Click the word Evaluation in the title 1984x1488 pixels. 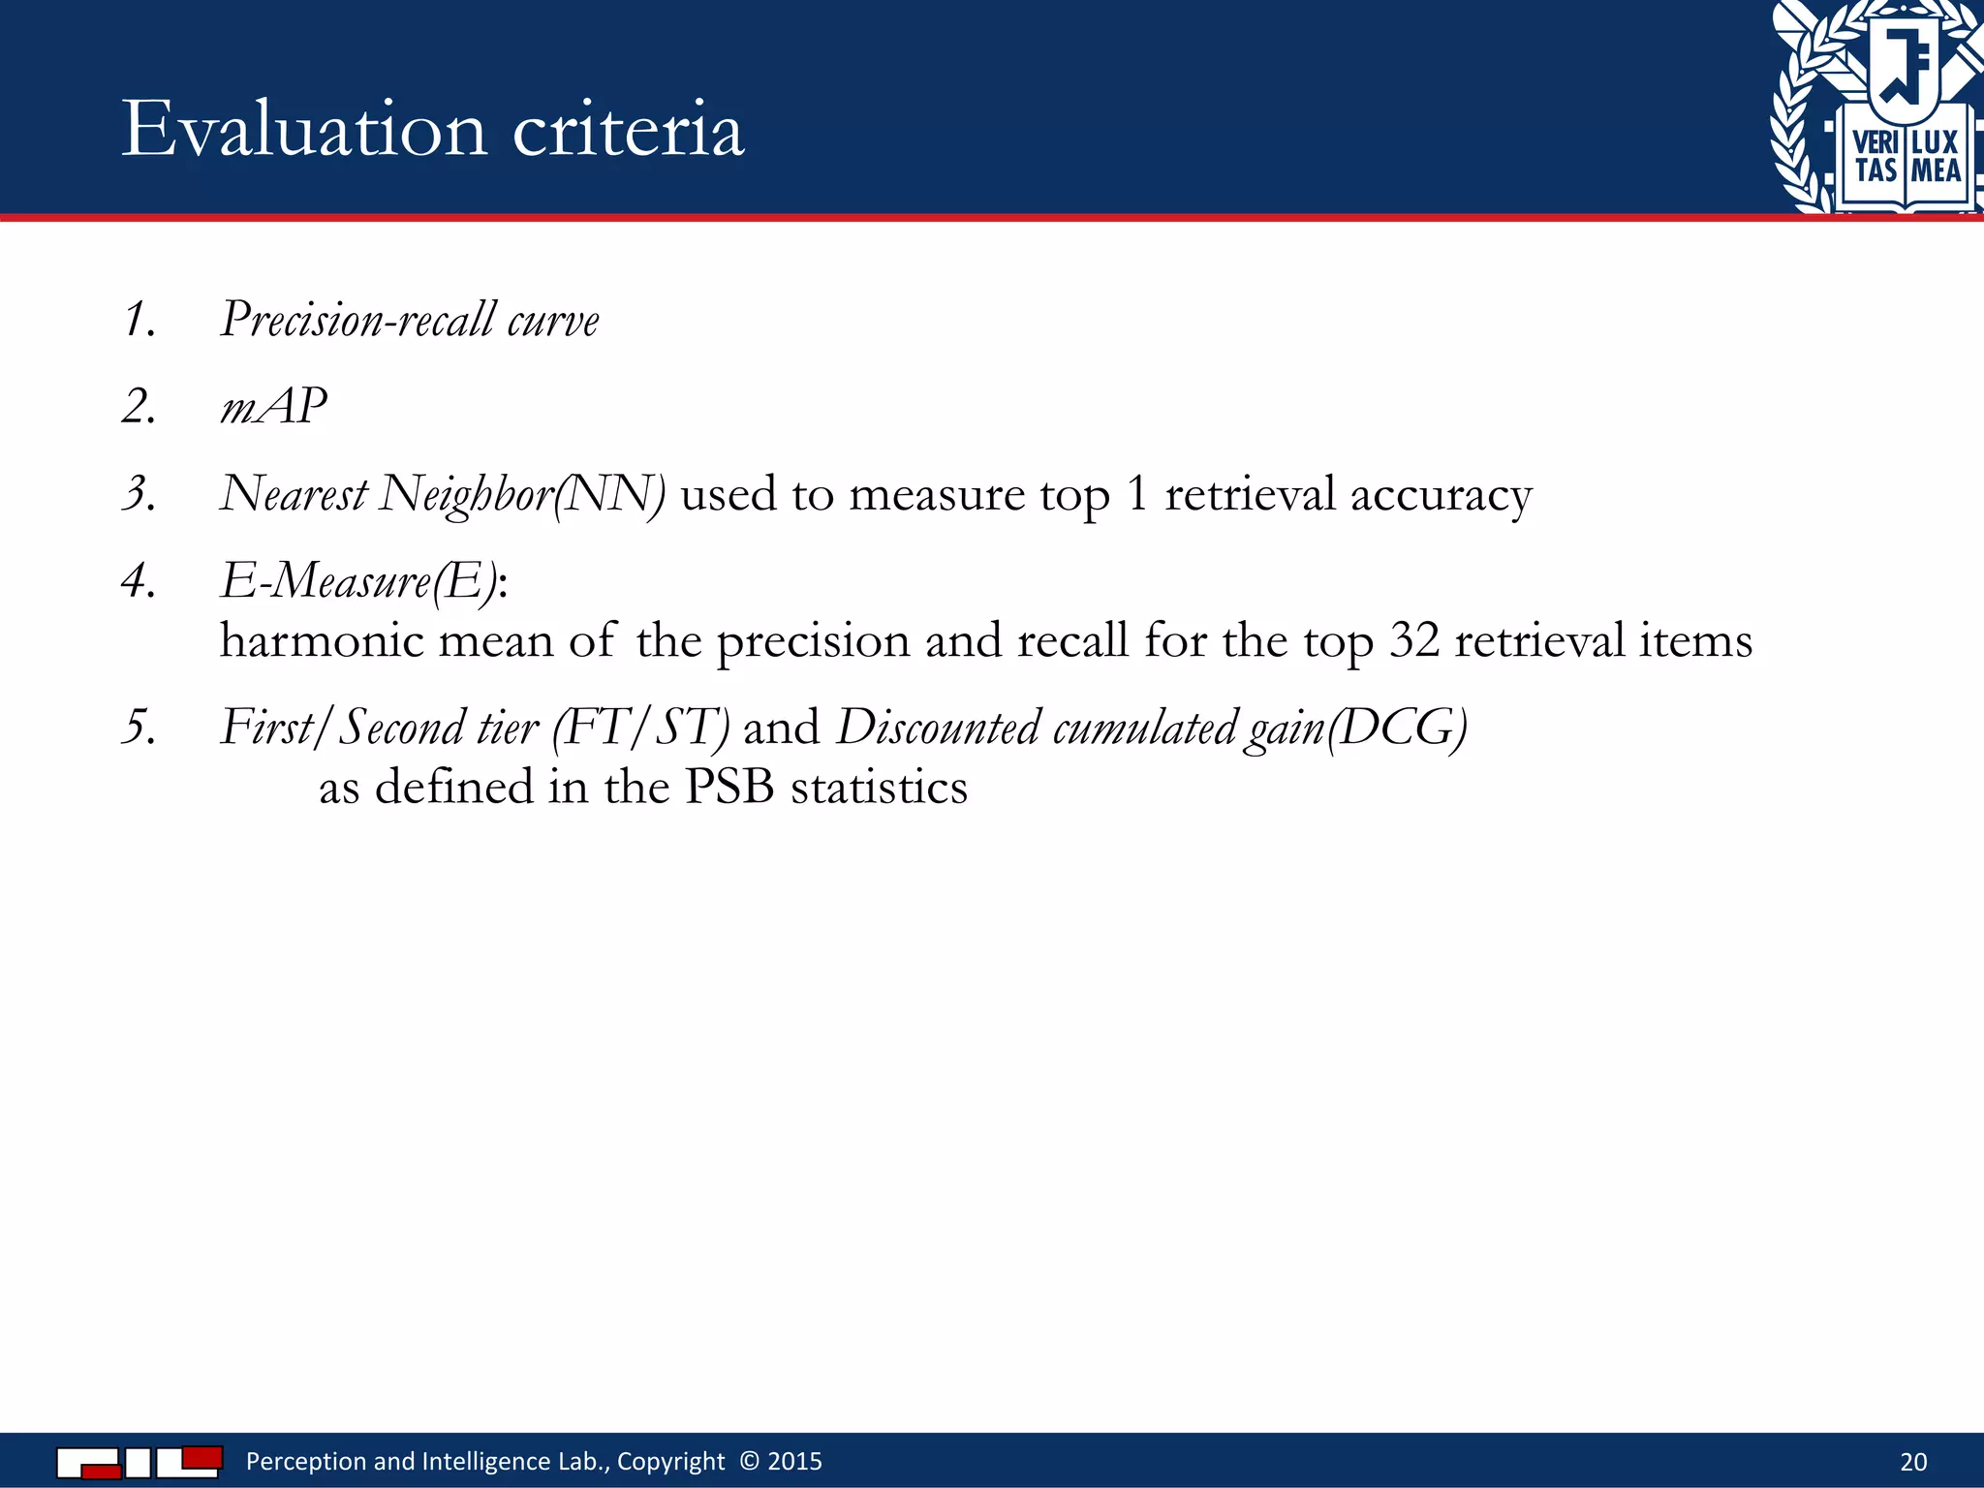(x=304, y=130)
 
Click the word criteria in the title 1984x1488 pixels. (x=628, y=130)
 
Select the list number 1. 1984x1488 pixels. (x=139, y=320)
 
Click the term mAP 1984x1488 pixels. (x=273, y=406)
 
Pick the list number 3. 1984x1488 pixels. (x=139, y=493)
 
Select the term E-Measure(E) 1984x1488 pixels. (x=359, y=582)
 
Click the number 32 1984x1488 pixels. (x=1414, y=641)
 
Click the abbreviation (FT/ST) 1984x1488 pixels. (x=640, y=728)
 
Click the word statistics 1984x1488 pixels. (x=879, y=787)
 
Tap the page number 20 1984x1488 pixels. (x=1913, y=1462)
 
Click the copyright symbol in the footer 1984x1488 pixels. (x=749, y=1461)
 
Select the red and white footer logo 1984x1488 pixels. (x=139, y=1461)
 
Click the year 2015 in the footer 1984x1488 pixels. (x=794, y=1461)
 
